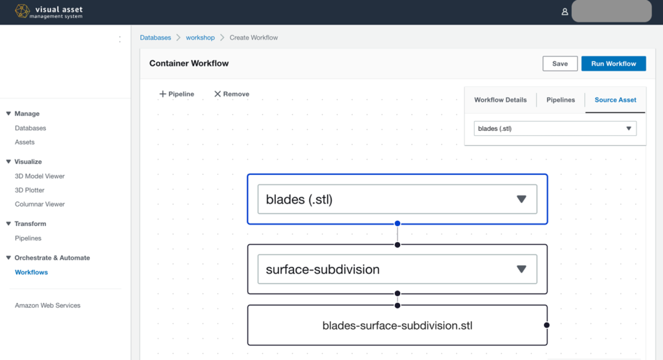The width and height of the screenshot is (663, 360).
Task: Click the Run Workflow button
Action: [613, 63]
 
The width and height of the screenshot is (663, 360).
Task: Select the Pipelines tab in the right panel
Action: [561, 100]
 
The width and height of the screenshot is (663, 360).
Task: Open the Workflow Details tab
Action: [500, 100]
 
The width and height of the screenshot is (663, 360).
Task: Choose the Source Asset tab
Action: [615, 100]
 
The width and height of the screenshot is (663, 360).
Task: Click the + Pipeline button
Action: [177, 94]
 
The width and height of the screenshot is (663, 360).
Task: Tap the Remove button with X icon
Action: [231, 94]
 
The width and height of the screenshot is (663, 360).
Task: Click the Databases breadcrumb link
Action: [155, 38]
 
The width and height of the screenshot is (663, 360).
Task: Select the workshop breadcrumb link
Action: [200, 38]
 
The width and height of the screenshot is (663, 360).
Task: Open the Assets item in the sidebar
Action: [25, 142]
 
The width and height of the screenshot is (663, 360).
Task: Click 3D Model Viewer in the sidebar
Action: [39, 176]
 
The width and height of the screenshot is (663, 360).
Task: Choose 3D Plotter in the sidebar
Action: [30, 190]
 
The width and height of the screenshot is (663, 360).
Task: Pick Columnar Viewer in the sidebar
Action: [39, 204]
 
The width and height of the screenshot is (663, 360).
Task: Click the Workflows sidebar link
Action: [31, 272]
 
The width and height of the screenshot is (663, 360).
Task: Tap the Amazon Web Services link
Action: [47, 305]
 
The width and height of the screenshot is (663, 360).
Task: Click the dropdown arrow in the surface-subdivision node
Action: [521, 269]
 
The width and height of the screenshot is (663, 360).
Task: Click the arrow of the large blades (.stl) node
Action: [521, 199]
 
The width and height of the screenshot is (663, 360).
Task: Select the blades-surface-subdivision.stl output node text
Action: [397, 326]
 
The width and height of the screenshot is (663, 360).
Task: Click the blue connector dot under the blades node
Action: [398, 224]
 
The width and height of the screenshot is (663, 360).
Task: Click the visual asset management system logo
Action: [49, 12]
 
